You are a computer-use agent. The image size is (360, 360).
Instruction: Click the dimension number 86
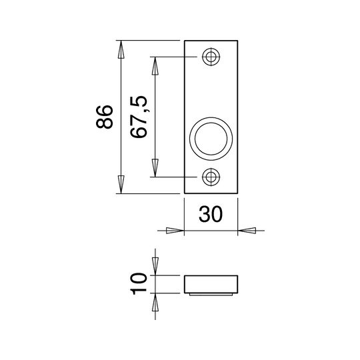[105, 117]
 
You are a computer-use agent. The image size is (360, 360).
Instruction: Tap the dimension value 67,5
[139, 117]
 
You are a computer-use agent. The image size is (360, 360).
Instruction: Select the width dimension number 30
[211, 214]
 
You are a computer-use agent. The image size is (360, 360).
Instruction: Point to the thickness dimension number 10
[139, 284]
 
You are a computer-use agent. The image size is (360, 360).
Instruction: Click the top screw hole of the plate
[211, 57]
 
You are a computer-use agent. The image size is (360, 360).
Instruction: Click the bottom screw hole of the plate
[211, 177]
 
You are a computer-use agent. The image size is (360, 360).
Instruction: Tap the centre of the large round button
[211, 139]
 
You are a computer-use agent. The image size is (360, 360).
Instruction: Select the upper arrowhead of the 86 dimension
[121, 49]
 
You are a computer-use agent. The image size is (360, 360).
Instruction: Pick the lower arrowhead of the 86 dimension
[121, 185]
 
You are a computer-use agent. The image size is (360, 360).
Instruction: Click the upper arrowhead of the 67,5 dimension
[155, 66]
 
